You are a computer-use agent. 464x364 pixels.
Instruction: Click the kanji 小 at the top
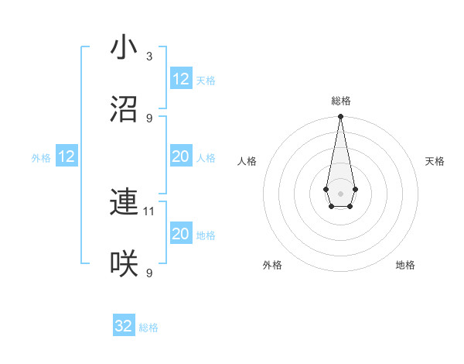pyautogui.click(x=124, y=47)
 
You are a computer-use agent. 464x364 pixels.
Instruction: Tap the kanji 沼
pyautogui.click(x=124, y=109)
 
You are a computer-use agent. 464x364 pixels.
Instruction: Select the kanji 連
pyautogui.click(x=124, y=202)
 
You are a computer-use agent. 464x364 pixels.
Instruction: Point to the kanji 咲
pyautogui.click(x=124, y=264)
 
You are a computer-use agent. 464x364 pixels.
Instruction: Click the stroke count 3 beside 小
pyautogui.click(x=149, y=57)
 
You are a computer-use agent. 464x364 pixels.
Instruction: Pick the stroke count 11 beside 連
pyautogui.click(x=150, y=211)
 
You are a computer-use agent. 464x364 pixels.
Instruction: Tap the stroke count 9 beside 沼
pyautogui.click(x=149, y=118)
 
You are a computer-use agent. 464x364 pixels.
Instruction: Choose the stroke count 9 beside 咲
pyautogui.click(x=149, y=273)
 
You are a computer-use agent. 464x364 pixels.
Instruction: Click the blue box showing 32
pyautogui.click(x=124, y=326)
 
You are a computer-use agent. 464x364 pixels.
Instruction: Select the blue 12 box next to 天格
pyautogui.click(x=180, y=79)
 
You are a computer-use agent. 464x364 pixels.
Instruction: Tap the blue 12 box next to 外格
pyautogui.click(x=67, y=156)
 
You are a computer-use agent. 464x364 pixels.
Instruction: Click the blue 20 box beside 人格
pyautogui.click(x=180, y=156)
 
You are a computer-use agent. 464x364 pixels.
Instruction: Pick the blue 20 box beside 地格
pyautogui.click(x=180, y=234)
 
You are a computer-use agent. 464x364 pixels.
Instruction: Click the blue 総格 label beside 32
pyautogui.click(x=148, y=328)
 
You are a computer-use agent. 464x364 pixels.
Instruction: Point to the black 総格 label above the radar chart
pyautogui.click(x=340, y=101)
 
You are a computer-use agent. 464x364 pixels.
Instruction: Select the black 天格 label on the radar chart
pyautogui.click(x=435, y=161)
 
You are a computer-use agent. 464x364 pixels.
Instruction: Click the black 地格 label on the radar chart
pyautogui.click(x=405, y=265)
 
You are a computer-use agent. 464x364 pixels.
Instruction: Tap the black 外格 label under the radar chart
pyautogui.click(x=272, y=265)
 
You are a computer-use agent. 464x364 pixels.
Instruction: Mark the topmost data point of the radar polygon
pyautogui.click(x=340, y=117)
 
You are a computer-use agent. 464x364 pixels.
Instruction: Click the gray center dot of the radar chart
pyautogui.click(x=340, y=192)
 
